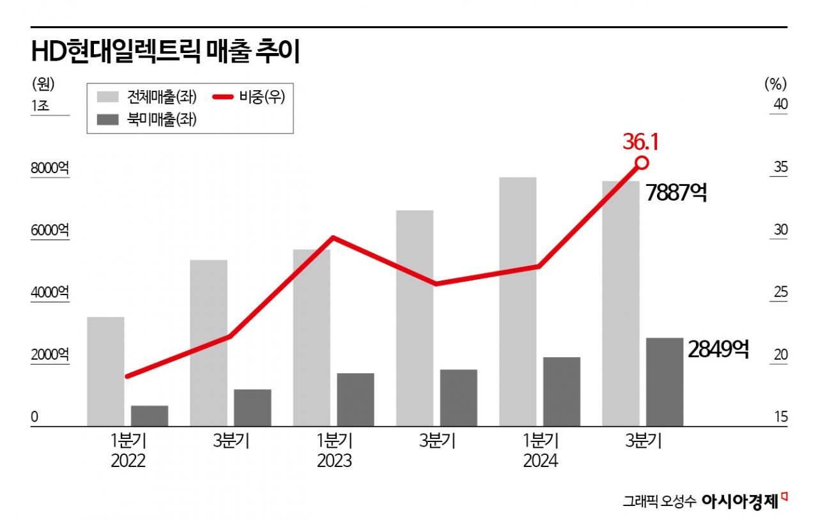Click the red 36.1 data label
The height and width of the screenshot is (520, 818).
(640, 142)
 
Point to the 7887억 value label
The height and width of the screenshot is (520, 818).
(676, 193)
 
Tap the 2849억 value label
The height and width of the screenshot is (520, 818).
(718, 349)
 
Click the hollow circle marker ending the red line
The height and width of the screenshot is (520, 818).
(642, 163)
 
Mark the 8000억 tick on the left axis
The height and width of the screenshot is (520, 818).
(49, 169)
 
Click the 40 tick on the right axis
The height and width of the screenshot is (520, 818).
(780, 105)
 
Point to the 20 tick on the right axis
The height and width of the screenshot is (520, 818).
(780, 355)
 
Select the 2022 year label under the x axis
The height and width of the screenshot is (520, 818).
(128, 461)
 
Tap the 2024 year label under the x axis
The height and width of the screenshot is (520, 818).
(540, 461)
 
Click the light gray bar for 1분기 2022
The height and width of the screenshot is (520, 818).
(105, 371)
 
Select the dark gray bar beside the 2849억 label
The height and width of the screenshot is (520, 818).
(664, 381)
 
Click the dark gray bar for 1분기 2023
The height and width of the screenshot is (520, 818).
(355, 399)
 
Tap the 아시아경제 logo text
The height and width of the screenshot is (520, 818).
(740, 501)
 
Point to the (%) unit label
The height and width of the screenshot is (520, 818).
(775, 83)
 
